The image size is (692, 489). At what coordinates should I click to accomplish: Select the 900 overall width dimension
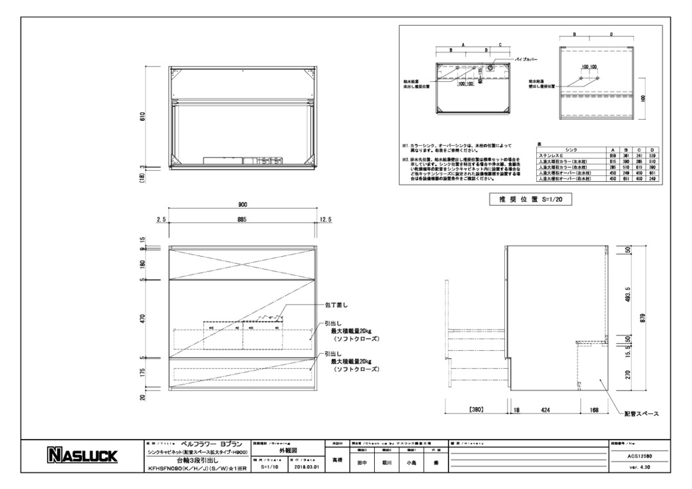(x=243, y=205)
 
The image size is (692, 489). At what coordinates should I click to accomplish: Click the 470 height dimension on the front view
(x=143, y=318)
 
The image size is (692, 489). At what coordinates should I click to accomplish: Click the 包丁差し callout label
(x=336, y=305)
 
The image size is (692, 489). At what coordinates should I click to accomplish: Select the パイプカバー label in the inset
(x=526, y=59)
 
